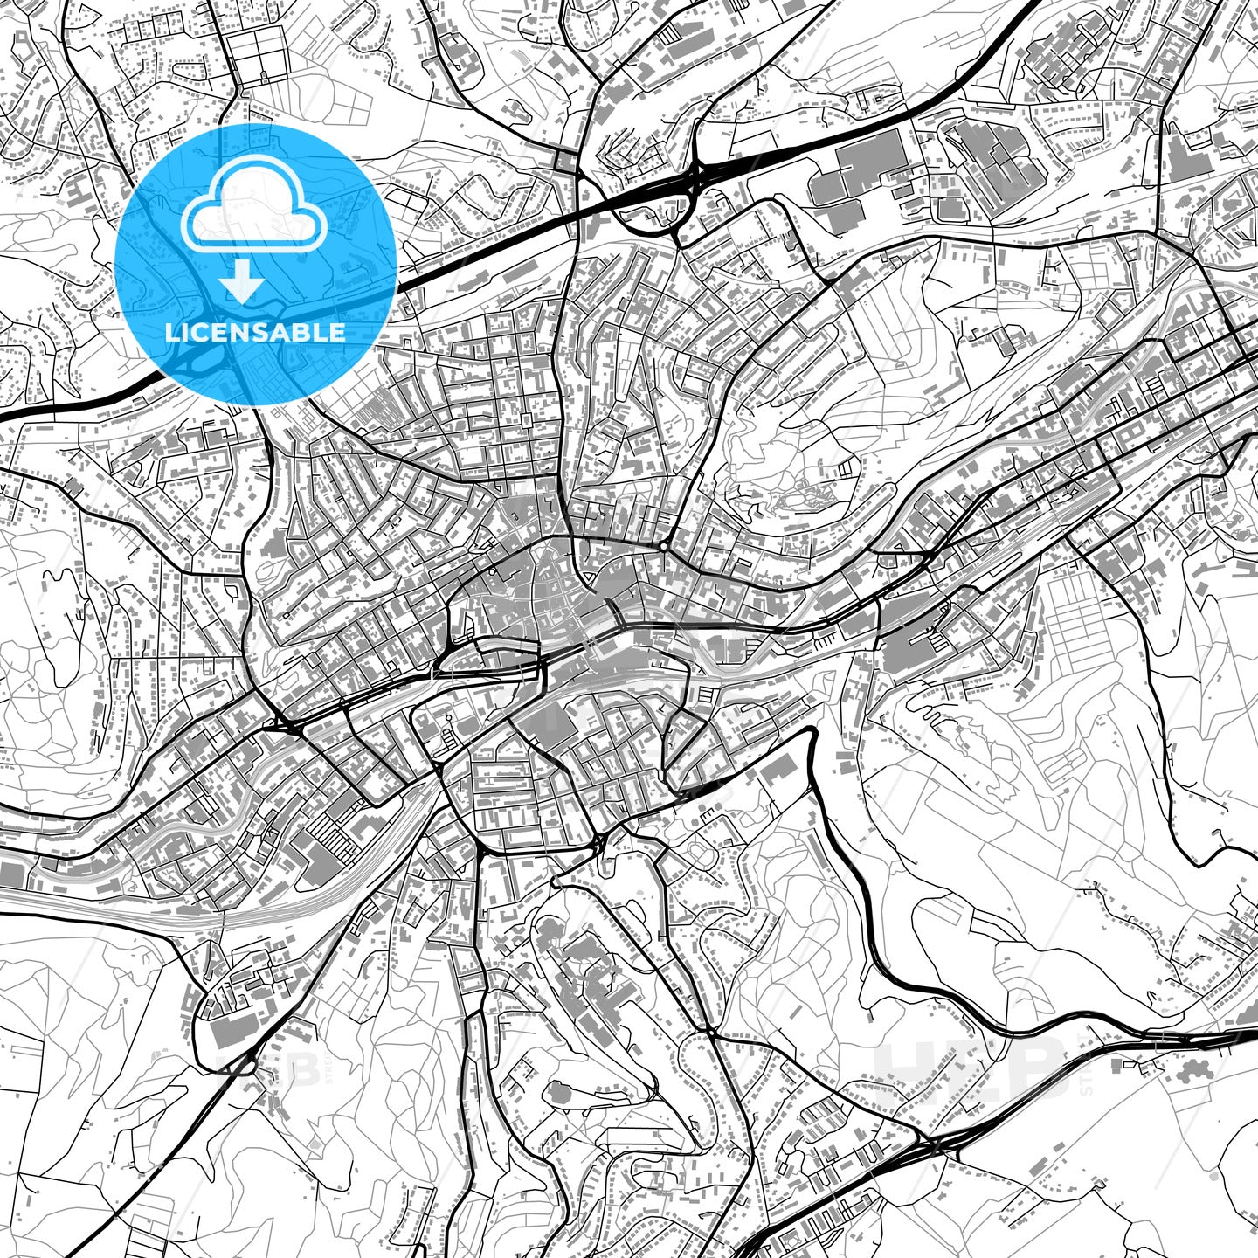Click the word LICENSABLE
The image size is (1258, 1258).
tap(255, 332)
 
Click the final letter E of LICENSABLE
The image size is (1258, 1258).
tap(338, 332)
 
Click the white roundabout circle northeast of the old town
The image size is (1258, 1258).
tap(664, 547)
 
